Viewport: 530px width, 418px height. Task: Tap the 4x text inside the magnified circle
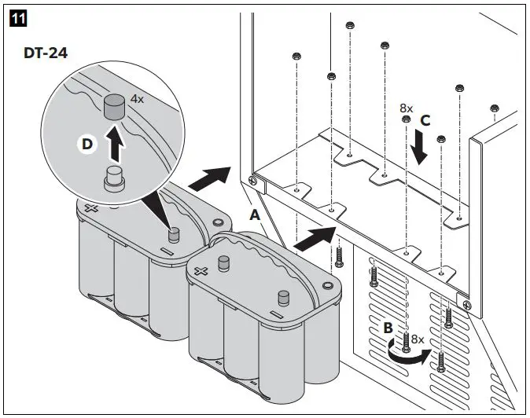(x=137, y=100)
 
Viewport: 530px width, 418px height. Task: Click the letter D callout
(x=88, y=145)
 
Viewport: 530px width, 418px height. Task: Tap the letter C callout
(x=425, y=122)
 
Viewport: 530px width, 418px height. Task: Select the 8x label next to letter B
(x=418, y=339)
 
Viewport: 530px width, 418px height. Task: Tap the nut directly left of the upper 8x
(x=406, y=119)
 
